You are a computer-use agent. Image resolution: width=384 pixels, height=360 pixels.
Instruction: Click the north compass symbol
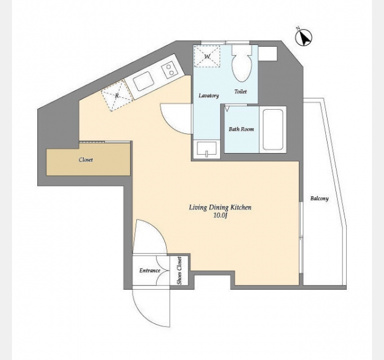304,37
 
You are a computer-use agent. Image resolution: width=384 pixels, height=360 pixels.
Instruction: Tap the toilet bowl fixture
242,64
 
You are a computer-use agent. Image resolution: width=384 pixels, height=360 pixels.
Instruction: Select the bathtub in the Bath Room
273,130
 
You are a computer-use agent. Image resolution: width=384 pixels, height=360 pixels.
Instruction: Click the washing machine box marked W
207,56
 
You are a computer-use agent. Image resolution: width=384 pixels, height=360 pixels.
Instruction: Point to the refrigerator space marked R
117,95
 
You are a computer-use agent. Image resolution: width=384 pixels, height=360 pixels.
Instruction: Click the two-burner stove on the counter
169,70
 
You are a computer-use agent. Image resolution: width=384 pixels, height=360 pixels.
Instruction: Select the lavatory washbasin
206,149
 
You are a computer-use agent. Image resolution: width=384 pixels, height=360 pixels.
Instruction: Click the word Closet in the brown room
86,160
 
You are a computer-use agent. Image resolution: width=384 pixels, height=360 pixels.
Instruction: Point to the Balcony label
319,199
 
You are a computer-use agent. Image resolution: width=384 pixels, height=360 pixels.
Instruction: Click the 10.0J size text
219,215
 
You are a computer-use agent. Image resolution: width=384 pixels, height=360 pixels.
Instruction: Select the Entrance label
150,271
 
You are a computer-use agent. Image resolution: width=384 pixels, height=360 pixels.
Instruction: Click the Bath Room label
241,129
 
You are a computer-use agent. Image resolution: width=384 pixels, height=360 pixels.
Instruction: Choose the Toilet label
241,92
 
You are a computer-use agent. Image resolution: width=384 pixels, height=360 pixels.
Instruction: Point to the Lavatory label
209,95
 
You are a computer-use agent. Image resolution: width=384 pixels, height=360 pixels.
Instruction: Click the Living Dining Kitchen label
220,208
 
